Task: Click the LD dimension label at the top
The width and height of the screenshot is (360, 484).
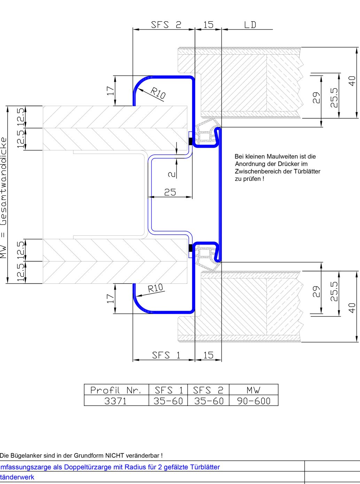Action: pyautogui.click(x=250, y=25)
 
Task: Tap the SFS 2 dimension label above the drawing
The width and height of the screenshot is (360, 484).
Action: pyautogui.click(x=166, y=25)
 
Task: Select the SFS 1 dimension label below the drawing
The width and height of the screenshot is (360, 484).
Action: pyautogui.click(x=166, y=355)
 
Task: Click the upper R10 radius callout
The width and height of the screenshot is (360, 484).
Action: pyautogui.click(x=158, y=93)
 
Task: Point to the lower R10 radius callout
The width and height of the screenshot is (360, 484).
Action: pyautogui.click(x=155, y=288)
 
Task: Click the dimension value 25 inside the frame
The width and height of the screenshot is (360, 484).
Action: pyautogui.click(x=170, y=192)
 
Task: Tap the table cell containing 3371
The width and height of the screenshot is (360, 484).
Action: pyautogui.click(x=116, y=401)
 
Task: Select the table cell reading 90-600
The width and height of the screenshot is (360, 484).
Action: pyautogui.click(x=253, y=401)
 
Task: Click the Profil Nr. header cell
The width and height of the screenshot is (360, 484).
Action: pyautogui.click(x=116, y=390)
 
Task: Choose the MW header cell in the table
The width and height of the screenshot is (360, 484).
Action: pyautogui.click(x=253, y=390)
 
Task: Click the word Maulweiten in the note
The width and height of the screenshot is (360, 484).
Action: pyautogui.click(x=282, y=157)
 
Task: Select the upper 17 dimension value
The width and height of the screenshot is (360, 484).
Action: pyautogui.click(x=110, y=91)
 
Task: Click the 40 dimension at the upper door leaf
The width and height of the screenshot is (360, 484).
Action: pyautogui.click(x=352, y=81)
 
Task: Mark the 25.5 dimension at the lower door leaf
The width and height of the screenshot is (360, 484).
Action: pyautogui.click(x=334, y=291)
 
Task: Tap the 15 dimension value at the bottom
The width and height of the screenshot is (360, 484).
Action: pyautogui.click(x=208, y=355)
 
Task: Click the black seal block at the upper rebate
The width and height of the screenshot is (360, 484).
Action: pyautogui.click(x=190, y=141)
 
